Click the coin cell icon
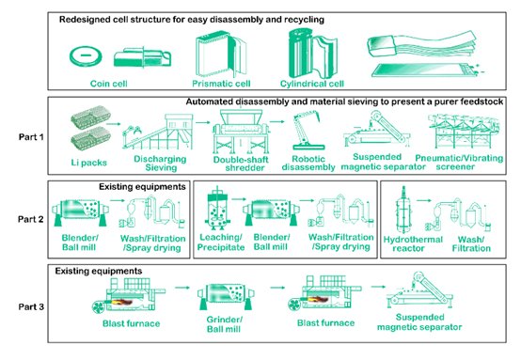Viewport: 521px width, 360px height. tap(86, 55)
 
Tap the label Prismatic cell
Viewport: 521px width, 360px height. tap(221, 84)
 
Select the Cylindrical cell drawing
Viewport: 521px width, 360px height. tap(313, 54)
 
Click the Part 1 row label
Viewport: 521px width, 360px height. tap(31, 137)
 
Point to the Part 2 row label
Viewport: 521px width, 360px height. tap(31, 219)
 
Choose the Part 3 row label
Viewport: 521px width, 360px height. tap(31, 306)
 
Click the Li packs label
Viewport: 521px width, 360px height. tap(89, 163)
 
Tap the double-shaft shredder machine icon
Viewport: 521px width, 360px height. tap(241, 132)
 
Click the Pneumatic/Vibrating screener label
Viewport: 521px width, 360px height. tap(459, 162)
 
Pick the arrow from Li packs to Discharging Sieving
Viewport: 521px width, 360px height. tap(114, 124)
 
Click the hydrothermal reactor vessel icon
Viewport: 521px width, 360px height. tap(403, 210)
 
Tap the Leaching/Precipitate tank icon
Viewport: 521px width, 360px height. tap(217, 209)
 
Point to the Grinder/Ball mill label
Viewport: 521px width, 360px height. tap(224, 324)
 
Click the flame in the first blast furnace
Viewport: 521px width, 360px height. tap(122, 302)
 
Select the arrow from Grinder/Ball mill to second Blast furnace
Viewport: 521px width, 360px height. tap(277, 288)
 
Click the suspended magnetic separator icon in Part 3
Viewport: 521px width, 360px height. tap(419, 290)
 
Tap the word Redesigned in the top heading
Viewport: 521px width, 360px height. tap(82, 20)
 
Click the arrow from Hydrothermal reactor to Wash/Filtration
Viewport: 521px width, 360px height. tap(424, 200)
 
